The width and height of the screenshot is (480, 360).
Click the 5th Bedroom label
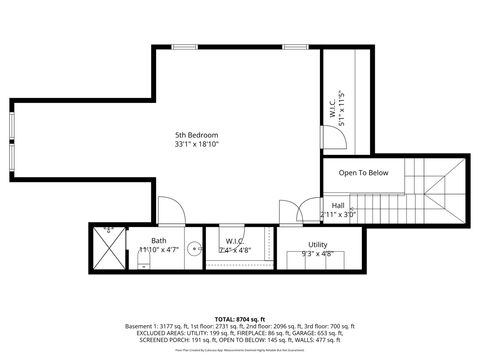pyautogui.click(x=196, y=135)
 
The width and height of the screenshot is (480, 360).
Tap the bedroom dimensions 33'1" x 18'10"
pyautogui.click(x=196, y=144)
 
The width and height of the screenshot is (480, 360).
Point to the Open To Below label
pyautogui.click(x=363, y=173)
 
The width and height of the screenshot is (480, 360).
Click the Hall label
pyautogui.click(x=338, y=205)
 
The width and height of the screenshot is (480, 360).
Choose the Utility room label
pyautogui.click(x=317, y=244)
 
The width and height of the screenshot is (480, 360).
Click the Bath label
pyautogui.click(x=159, y=240)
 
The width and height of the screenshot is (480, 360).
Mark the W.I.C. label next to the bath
pyautogui.click(x=235, y=240)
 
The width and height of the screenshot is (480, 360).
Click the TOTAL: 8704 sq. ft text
pyautogui.click(x=240, y=318)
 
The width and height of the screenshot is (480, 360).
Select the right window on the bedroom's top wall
pyautogui.click(x=294, y=46)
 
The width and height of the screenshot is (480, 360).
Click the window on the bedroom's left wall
pyautogui.click(x=12, y=140)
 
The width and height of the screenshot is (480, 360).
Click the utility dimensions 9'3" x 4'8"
pyautogui.click(x=317, y=253)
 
